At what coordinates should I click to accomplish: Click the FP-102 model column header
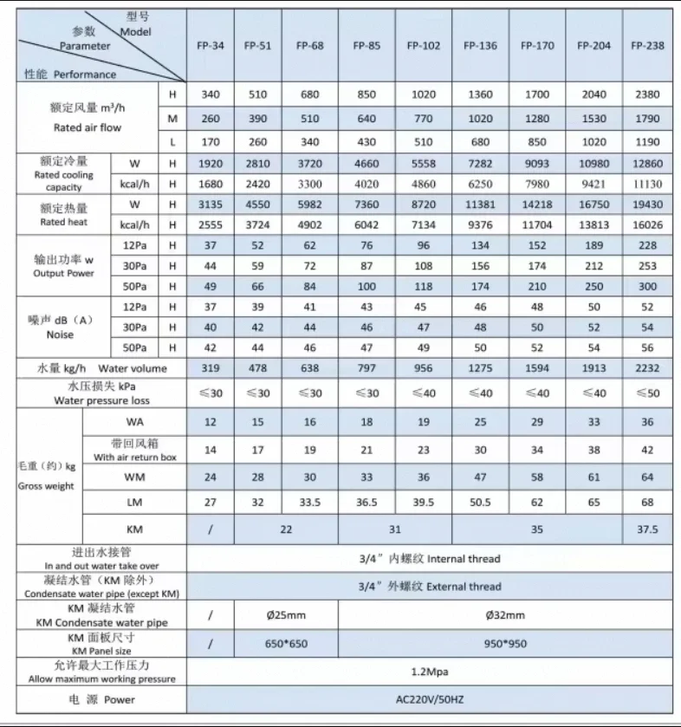coord(424,46)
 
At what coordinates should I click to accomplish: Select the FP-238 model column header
coord(647,46)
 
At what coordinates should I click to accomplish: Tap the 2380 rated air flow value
coord(647,94)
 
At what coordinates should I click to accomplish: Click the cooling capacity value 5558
coord(424,163)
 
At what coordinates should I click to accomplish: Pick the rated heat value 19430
coord(647,204)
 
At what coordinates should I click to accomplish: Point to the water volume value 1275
coord(480,368)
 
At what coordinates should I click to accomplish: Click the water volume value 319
coord(211,368)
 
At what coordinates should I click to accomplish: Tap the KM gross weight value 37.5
coord(647,529)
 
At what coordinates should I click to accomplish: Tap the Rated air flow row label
coord(87,118)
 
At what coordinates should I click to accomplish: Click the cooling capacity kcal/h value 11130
coord(647,184)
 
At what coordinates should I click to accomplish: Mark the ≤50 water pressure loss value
coord(647,393)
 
